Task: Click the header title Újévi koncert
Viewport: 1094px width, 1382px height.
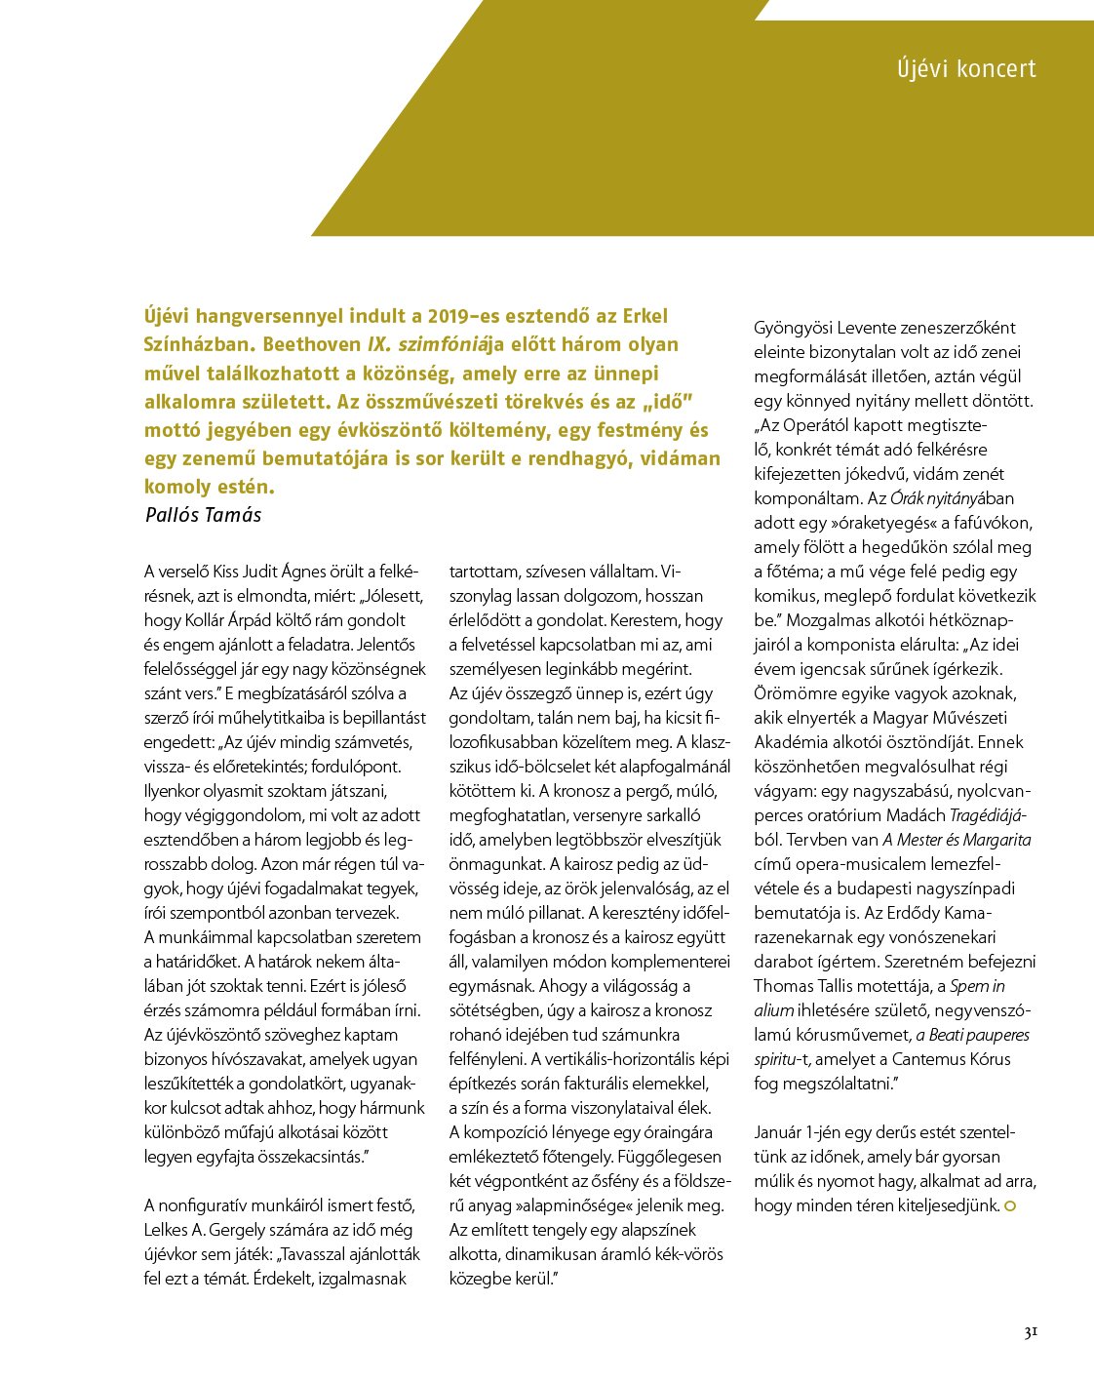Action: (x=966, y=69)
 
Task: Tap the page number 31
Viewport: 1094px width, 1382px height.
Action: (x=1030, y=1333)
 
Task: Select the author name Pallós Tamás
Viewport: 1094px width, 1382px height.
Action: (x=203, y=515)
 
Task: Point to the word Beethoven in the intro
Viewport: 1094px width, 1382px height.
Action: (x=312, y=344)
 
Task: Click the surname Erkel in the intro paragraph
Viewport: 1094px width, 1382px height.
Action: (x=640, y=316)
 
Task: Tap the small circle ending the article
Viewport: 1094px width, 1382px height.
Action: (x=1010, y=1206)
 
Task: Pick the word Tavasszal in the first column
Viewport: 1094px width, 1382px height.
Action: (x=319, y=1254)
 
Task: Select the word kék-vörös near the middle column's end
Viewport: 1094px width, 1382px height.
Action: (x=690, y=1254)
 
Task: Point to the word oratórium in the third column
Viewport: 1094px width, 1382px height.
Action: (x=846, y=815)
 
